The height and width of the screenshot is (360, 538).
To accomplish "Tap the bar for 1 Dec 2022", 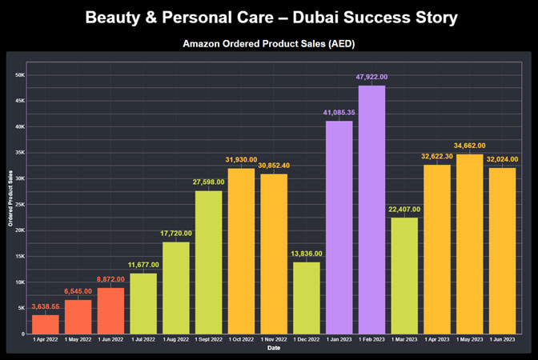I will tap(307, 298).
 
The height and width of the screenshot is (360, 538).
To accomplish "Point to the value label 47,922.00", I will tap(372, 77).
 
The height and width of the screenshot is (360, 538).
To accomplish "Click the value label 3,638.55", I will tap(46, 306).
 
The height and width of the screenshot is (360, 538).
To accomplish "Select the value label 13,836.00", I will tap(307, 254).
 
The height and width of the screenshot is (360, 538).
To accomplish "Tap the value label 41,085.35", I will tap(339, 112).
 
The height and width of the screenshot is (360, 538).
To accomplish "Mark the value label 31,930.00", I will tap(242, 160).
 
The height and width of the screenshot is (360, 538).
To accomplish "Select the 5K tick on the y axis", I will tap(22, 308).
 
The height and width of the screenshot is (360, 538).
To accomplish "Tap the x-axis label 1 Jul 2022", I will tap(143, 340).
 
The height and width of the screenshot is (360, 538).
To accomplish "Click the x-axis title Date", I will tap(275, 348).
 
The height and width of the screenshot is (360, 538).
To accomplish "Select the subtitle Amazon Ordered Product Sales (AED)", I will tap(269, 42).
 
